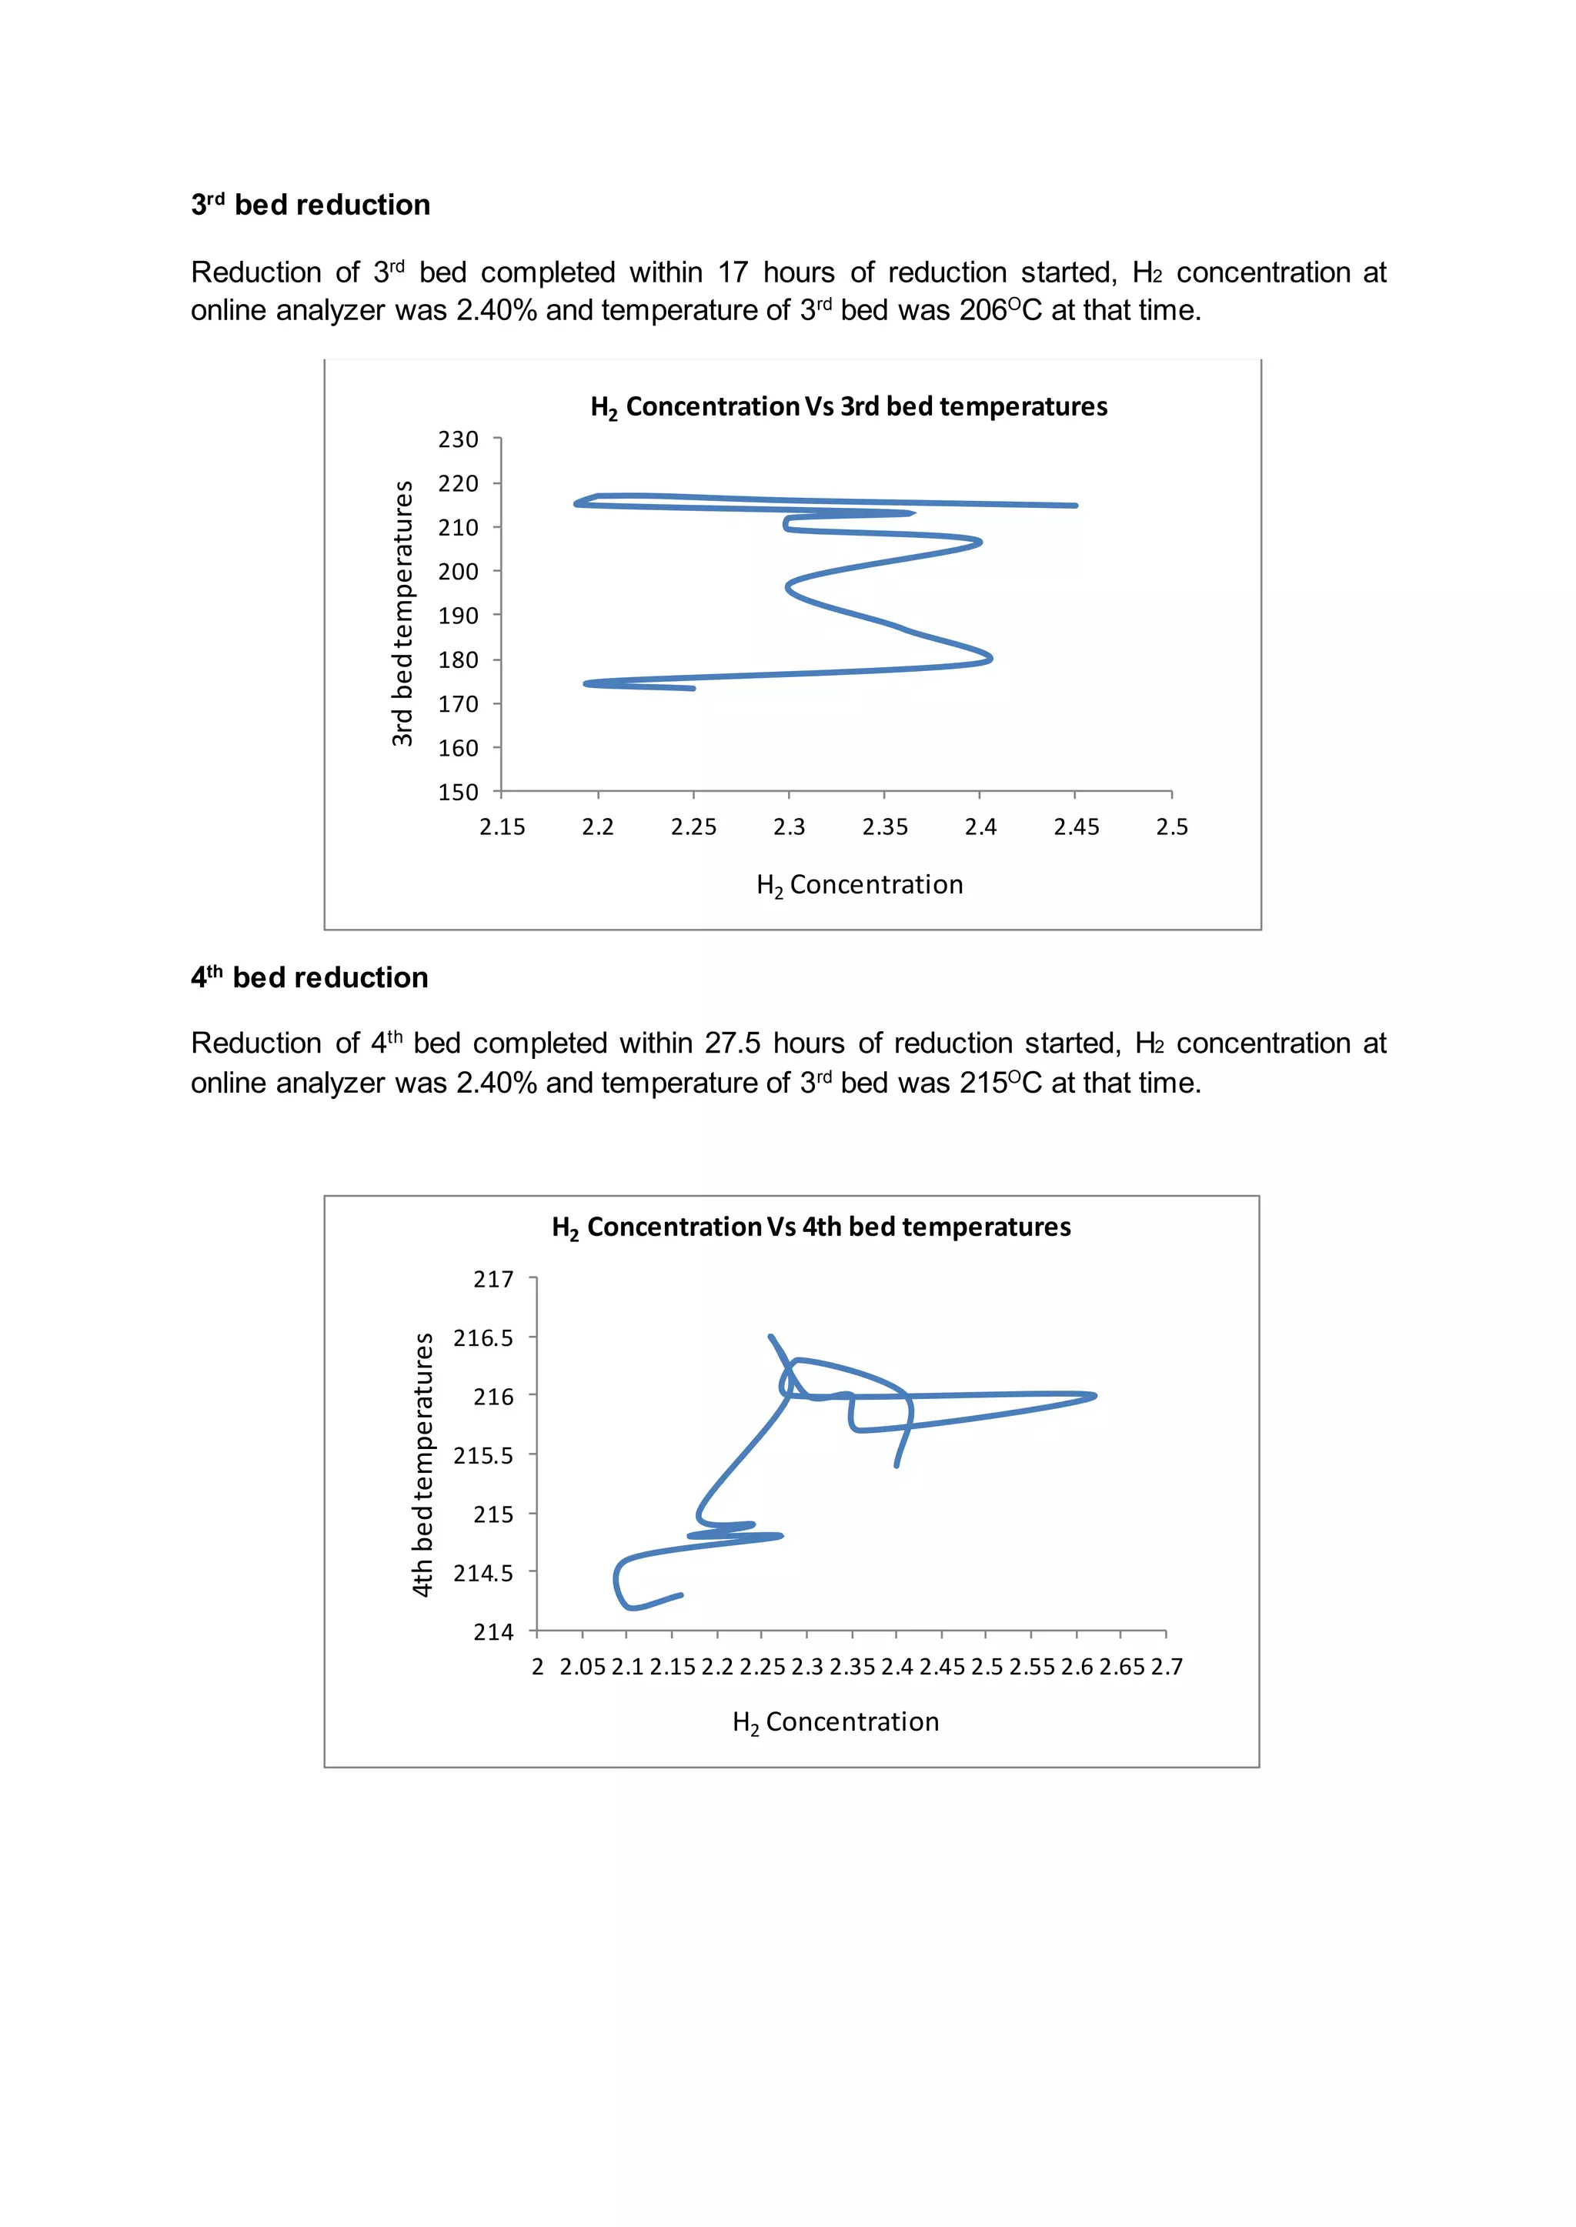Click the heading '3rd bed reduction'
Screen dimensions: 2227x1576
[x=311, y=205]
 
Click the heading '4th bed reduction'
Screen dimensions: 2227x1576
[x=309, y=978]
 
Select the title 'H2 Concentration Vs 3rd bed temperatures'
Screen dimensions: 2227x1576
[x=849, y=406]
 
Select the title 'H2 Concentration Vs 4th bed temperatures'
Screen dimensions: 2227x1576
[x=811, y=1227]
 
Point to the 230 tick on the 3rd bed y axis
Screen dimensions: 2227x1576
[x=458, y=439]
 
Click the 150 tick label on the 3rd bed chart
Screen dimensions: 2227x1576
[x=458, y=792]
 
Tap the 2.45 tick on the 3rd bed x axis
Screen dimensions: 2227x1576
[x=1077, y=826]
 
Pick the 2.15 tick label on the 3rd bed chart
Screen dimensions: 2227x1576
[x=502, y=826]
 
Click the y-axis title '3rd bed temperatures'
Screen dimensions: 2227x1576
[x=402, y=613]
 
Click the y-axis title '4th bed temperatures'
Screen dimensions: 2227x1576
[x=422, y=1464]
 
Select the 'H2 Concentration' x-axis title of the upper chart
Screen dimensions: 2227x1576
[x=860, y=885]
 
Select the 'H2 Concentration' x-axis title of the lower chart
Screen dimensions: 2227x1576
[x=836, y=1722]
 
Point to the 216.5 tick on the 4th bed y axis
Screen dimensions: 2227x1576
[x=483, y=1338]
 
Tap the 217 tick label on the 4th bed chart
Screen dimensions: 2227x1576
[x=493, y=1280]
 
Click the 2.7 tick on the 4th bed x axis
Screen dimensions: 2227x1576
[x=1167, y=1667]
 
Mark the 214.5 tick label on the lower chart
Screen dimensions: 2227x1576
[x=483, y=1573]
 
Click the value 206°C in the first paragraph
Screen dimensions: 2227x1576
[x=1000, y=311]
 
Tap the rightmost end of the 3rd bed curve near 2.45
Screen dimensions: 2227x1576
[x=1075, y=506]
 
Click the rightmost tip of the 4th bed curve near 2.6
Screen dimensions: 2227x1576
[x=1095, y=1397]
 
